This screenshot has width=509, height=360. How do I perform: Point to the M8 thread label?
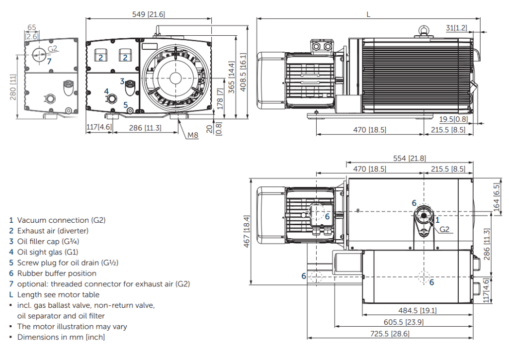[x=193, y=135]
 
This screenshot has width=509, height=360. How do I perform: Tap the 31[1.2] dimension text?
[x=456, y=28]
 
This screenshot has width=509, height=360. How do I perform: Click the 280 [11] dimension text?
[x=14, y=87]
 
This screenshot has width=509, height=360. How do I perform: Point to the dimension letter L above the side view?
[x=368, y=14]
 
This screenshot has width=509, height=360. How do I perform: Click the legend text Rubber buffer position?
[x=57, y=273]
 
